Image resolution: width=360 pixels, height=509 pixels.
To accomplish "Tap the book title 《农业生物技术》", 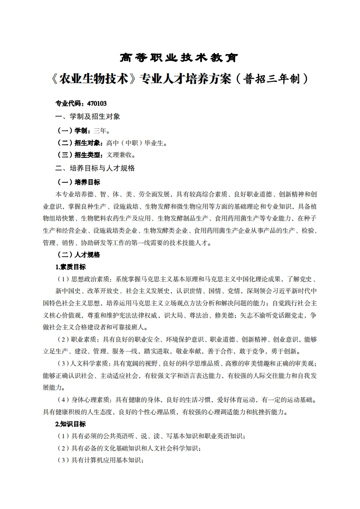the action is click(x=94, y=79).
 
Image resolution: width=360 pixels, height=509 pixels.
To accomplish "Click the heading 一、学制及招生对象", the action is click(x=88, y=117).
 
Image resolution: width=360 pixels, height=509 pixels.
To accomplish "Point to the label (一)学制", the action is click(x=72, y=130).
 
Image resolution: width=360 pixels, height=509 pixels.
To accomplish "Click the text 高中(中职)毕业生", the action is click(x=137, y=143).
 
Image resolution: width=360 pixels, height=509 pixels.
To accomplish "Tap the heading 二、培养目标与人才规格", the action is click(x=95, y=168).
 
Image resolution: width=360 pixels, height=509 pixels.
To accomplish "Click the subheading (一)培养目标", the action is click(x=78, y=182).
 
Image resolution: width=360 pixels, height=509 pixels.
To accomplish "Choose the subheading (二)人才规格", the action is click(x=78, y=254).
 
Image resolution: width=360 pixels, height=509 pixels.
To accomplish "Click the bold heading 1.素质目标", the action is click(x=70, y=266).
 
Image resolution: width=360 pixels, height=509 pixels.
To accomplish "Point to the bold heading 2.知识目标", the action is click(x=70, y=424).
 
